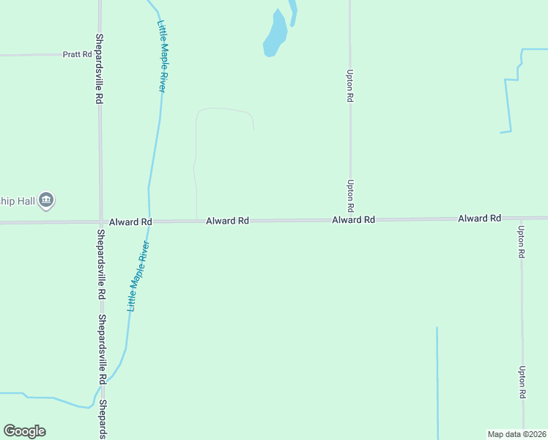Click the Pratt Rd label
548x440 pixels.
(x=77, y=54)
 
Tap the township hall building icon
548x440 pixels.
(x=46, y=199)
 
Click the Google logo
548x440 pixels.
(x=24, y=431)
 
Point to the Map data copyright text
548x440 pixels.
(x=517, y=434)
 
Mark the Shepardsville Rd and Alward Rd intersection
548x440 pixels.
(x=100, y=221)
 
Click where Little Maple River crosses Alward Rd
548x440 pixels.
(x=149, y=221)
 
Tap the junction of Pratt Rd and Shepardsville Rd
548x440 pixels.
(x=100, y=54)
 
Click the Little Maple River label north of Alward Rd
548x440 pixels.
(x=161, y=56)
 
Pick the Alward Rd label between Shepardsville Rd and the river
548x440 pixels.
(x=130, y=221)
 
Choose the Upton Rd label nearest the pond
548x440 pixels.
(x=351, y=85)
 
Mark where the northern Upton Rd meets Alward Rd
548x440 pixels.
(x=350, y=219)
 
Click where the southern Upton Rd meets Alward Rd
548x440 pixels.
(x=521, y=219)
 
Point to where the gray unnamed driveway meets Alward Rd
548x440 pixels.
(x=196, y=220)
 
